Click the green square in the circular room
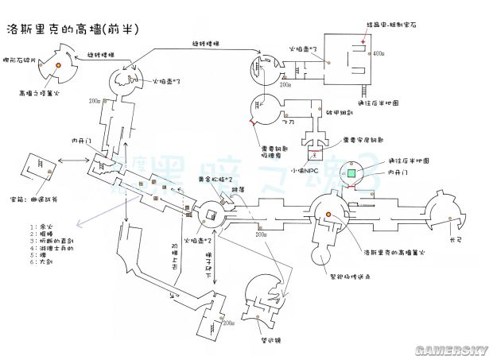pyautogui.click(x=351, y=172)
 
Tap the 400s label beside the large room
pyautogui.click(x=378, y=52)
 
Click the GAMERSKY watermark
pyautogui.click(x=456, y=349)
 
